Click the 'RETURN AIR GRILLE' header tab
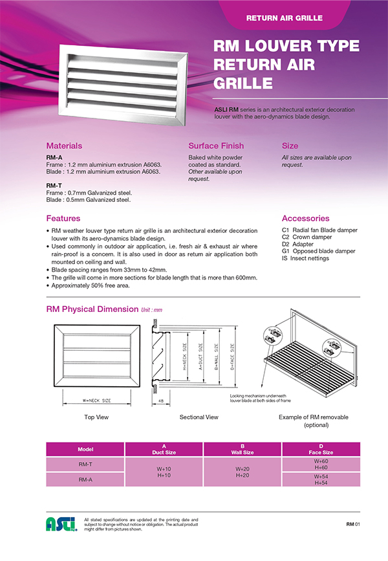pyautogui.click(x=284, y=17)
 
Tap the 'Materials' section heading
pyautogui.click(x=64, y=146)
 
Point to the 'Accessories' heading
pyautogui.click(x=305, y=218)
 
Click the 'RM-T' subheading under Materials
pyautogui.click(x=54, y=185)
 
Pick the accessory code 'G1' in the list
pyautogui.click(x=286, y=251)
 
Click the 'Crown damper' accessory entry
pyautogui.click(x=314, y=237)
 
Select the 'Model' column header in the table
pyautogui.click(x=85, y=449)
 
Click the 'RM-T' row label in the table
pyautogui.click(x=85, y=464)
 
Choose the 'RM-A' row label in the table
pyautogui.click(x=85, y=479)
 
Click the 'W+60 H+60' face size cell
pyautogui.click(x=320, y=464)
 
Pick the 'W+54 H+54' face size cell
pyautogui.click(x=320, y=479)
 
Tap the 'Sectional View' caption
pyautogui.click(x=199, y=417)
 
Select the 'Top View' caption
pyautogui.click(x=96, y=417)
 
